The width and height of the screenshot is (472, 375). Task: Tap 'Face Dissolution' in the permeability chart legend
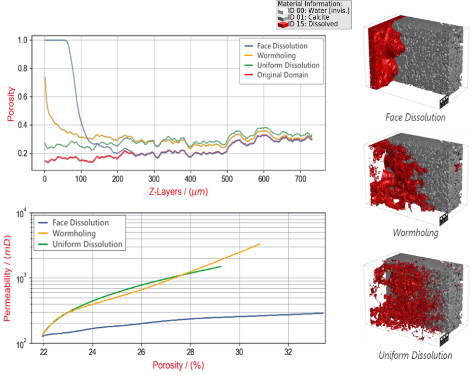[x=81, y=222]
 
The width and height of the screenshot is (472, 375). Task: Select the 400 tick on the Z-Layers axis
[x=190, y=180]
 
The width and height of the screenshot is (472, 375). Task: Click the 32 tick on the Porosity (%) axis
[x=288, y=351]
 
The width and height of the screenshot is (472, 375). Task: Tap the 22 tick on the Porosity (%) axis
[x=44, y=351]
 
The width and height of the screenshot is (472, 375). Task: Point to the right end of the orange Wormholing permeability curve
[x=260, y=244]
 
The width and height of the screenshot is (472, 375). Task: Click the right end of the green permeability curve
[x=221, y=266]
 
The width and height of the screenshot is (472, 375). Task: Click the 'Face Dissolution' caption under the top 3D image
[x=415, y=118]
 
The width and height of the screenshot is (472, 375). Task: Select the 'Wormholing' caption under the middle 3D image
[x=415, y=233]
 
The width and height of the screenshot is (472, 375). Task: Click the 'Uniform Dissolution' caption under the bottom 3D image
[x=415, y=355]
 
